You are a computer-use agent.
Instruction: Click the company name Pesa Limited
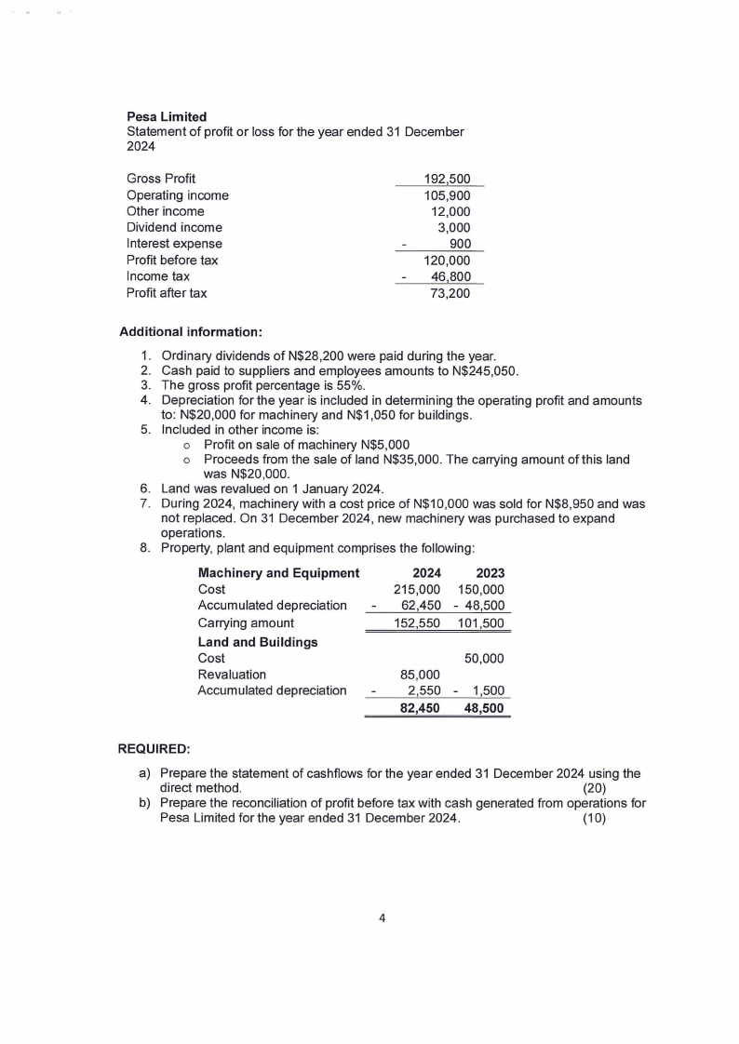167,117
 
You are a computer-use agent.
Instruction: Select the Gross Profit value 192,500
447,179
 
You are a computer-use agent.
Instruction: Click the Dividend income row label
174,227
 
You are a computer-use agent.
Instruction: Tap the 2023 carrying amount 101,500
481,623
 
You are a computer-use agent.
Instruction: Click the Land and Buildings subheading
258,642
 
